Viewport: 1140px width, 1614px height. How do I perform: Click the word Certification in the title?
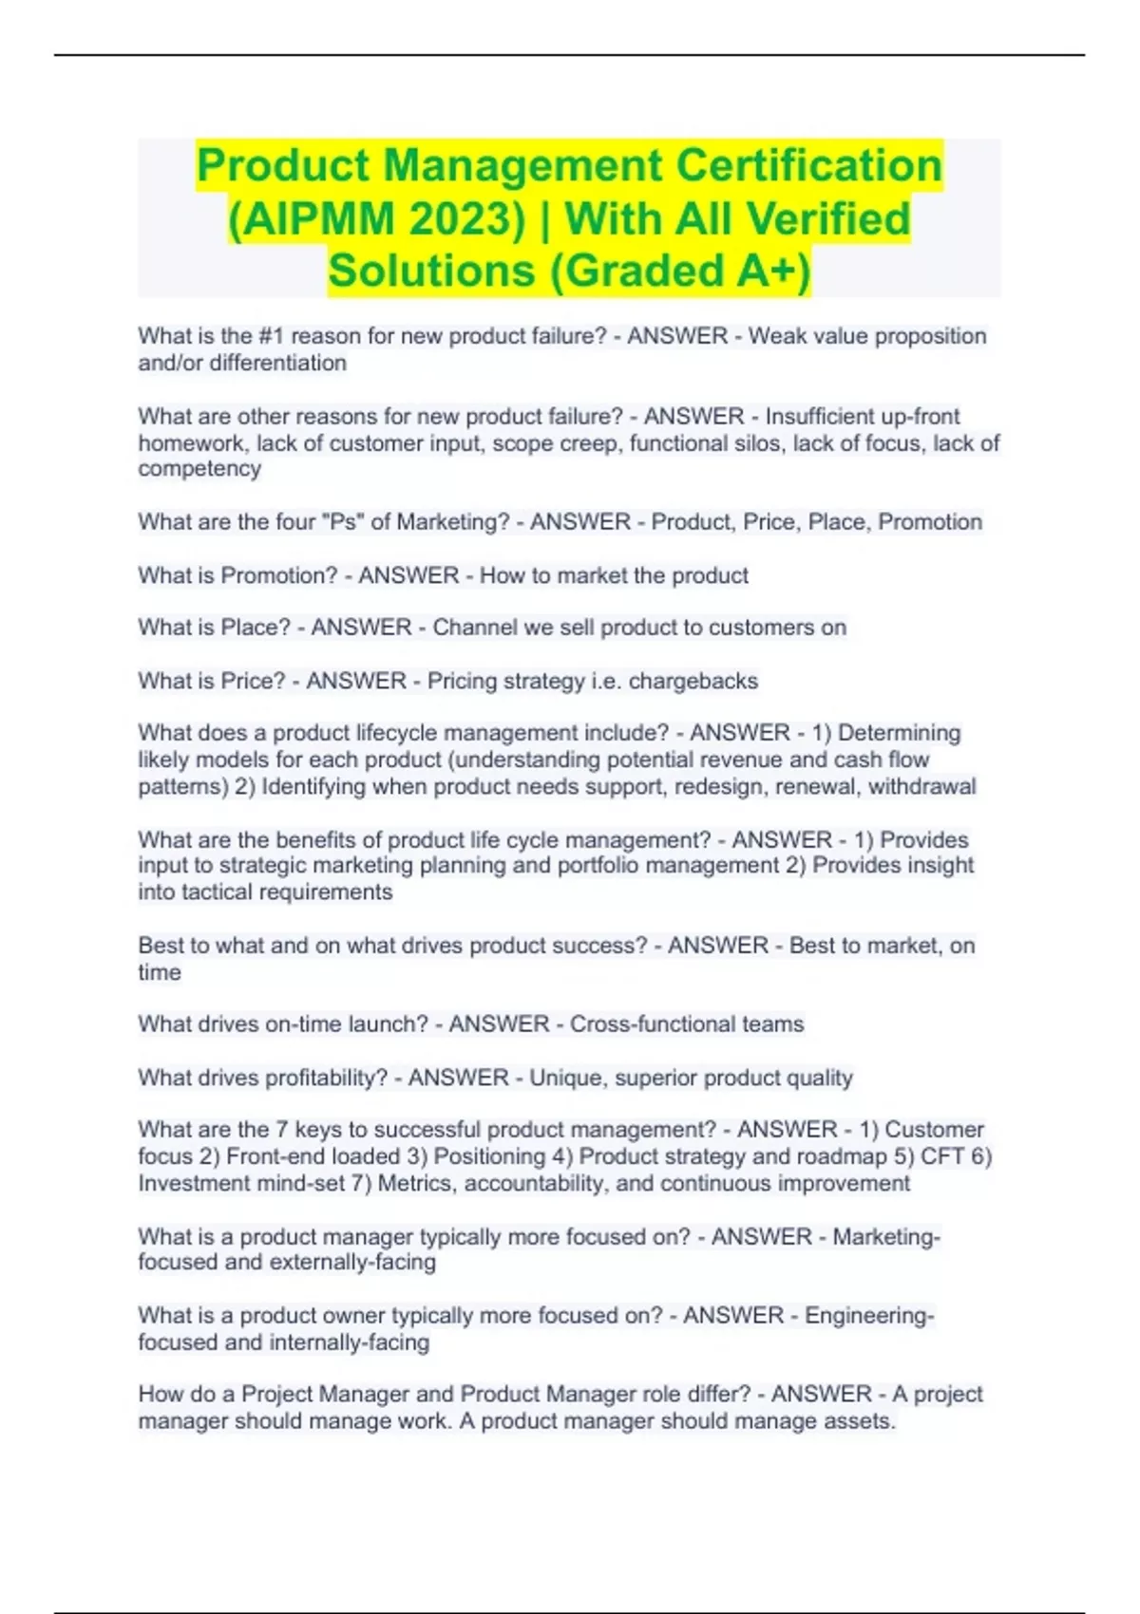[808, 165]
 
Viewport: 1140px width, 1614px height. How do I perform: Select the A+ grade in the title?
[773, 271]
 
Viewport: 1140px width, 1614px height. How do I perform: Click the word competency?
[199, 469]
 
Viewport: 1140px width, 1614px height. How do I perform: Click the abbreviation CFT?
[943, 1156]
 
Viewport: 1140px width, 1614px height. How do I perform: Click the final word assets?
[860, 1421]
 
